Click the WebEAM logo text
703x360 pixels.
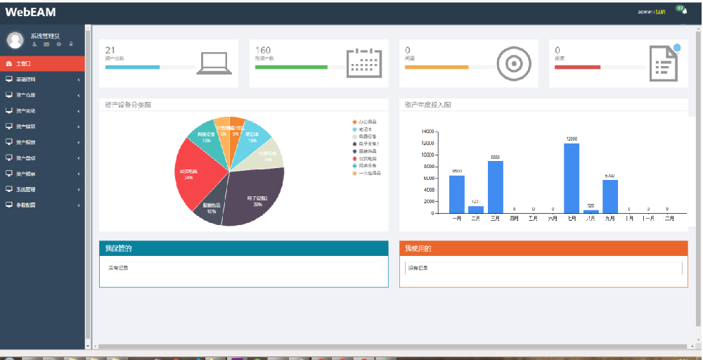30,12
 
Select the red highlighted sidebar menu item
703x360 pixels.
42,63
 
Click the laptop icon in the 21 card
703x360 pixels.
214,63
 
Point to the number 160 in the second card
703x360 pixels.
263,50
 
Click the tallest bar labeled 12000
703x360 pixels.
572,177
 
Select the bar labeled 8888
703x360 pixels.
495,186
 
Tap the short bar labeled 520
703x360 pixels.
591,211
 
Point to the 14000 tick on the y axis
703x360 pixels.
427,131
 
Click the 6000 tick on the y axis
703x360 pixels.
427,178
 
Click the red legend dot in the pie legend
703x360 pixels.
354,158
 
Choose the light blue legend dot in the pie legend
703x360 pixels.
354,129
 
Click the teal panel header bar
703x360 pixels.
243,248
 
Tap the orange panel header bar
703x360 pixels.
543,248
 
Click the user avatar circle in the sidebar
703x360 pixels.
15,39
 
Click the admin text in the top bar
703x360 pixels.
645,12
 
